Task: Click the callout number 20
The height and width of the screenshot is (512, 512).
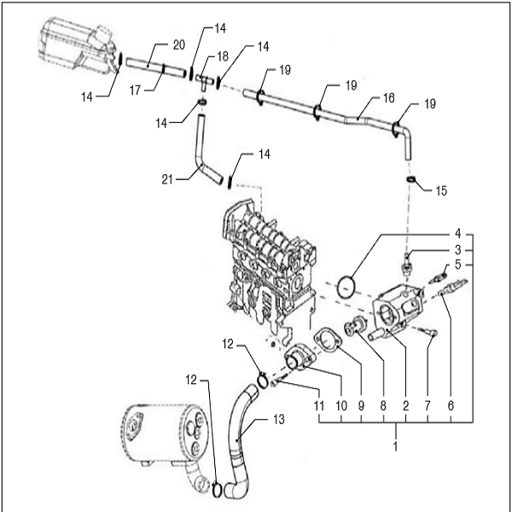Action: [178, 44]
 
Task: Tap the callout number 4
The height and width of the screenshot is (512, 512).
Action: [457, 232]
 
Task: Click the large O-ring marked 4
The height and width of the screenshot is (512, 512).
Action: [347, 284]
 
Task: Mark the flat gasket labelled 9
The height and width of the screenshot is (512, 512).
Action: [328, 340]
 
